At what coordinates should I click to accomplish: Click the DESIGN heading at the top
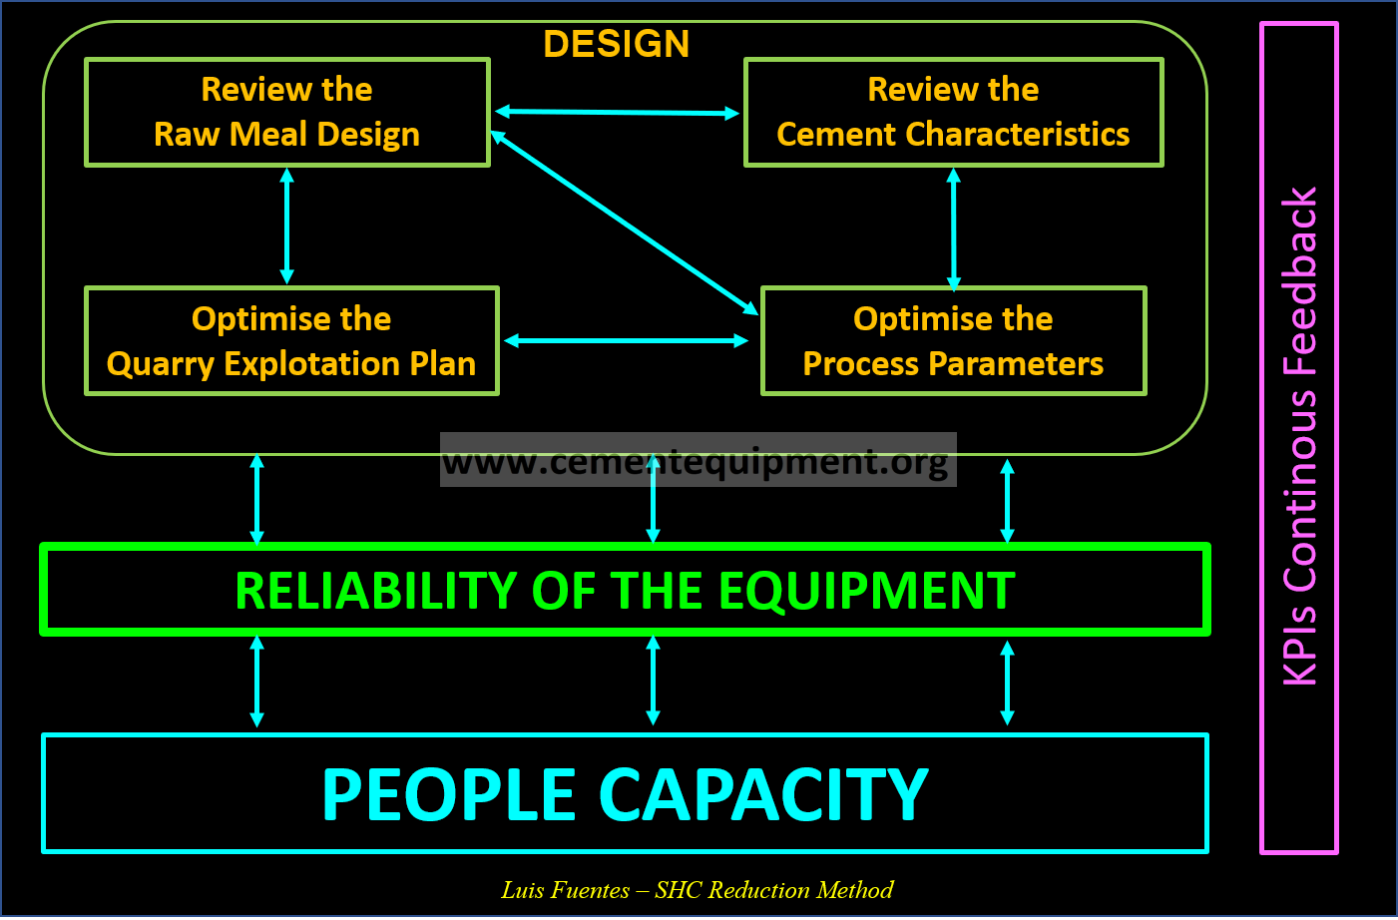point(616,44)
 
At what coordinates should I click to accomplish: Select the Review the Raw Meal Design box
point(287,112)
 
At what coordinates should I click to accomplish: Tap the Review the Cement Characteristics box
point(953,112)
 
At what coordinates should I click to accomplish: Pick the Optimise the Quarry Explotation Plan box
point(290,341)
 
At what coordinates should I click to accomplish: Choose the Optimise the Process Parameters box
point(953,341)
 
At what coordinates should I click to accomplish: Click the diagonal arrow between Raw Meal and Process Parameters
point(625,223)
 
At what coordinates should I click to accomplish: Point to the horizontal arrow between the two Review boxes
point(617,113)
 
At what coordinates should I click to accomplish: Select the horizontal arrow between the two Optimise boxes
point(626,341)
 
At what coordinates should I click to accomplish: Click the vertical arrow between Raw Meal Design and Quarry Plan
point(287,226)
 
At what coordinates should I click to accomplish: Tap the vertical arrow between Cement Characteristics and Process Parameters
point(953,228)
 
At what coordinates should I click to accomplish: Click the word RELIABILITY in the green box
point(375,591)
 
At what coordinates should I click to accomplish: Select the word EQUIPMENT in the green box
point(866,591)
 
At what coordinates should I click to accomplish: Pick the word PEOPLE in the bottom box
point(449,795)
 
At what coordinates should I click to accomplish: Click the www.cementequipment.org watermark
point(697,461)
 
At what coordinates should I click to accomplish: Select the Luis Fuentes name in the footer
point(565,890)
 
